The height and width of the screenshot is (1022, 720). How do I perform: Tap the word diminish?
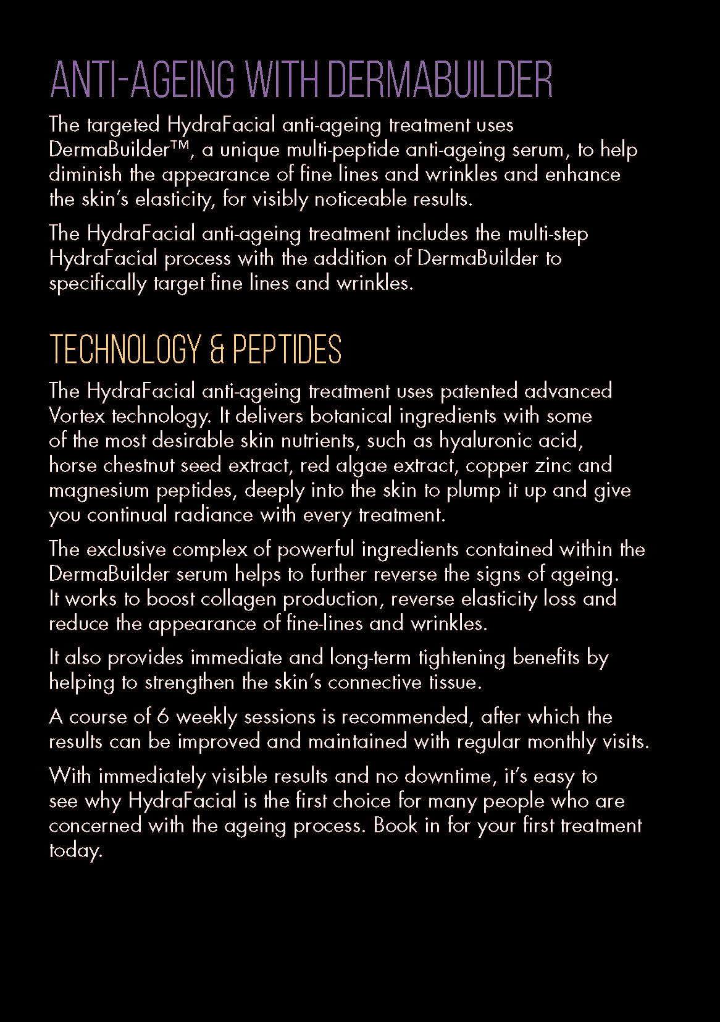[x=85, y=175]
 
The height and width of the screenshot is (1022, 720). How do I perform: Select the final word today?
[x=75, y=851]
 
